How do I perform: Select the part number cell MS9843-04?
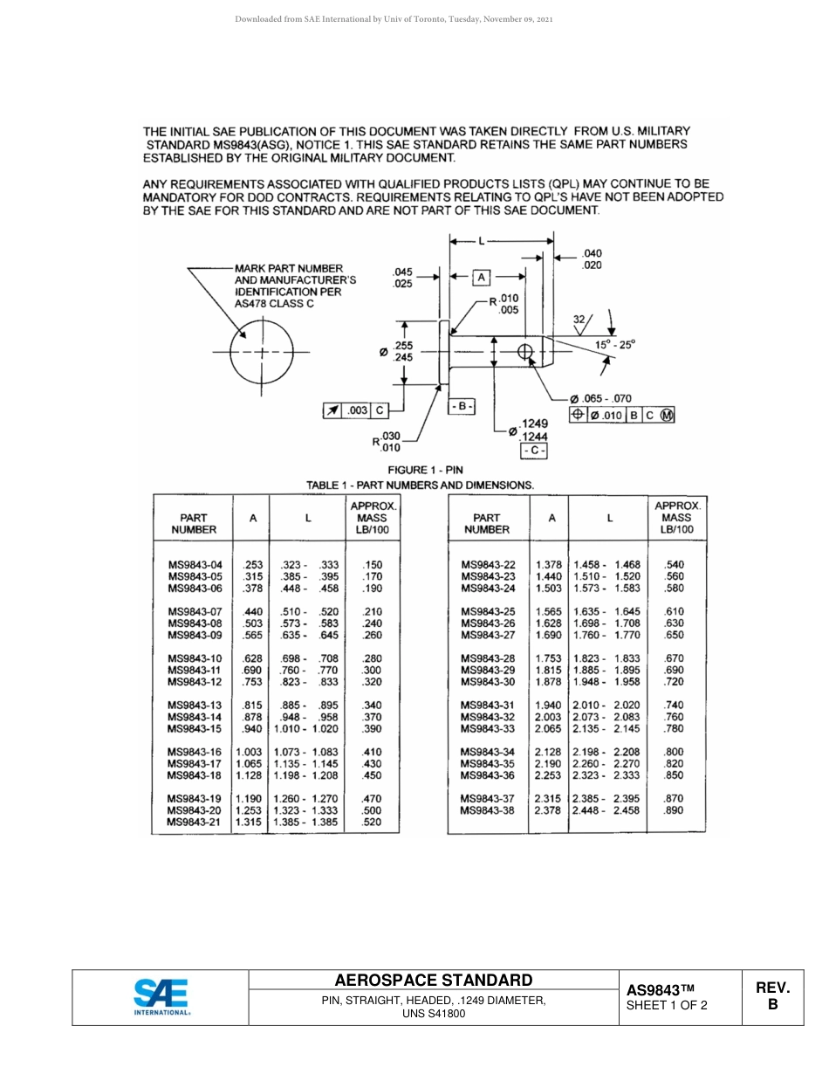click(195, 565)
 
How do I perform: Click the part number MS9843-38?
click(488, 810)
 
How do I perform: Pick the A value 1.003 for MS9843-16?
click(249, 752)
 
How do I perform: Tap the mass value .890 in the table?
click(674, 810)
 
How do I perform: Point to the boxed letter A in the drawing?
click(481, 277)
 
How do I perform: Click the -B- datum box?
click(461, 407)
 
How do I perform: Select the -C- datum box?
click(533, 451)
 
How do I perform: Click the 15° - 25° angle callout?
click(616, 344)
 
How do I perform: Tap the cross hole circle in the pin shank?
click(525, 351)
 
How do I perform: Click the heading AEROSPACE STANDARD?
click(433, 980)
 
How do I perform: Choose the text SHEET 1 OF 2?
click(667, 1005)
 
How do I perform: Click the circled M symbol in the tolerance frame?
click(668, 416)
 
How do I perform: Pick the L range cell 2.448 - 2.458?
click(606, 810)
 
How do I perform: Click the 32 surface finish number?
click(579, 320)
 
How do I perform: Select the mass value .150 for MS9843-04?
click(372, 565)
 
